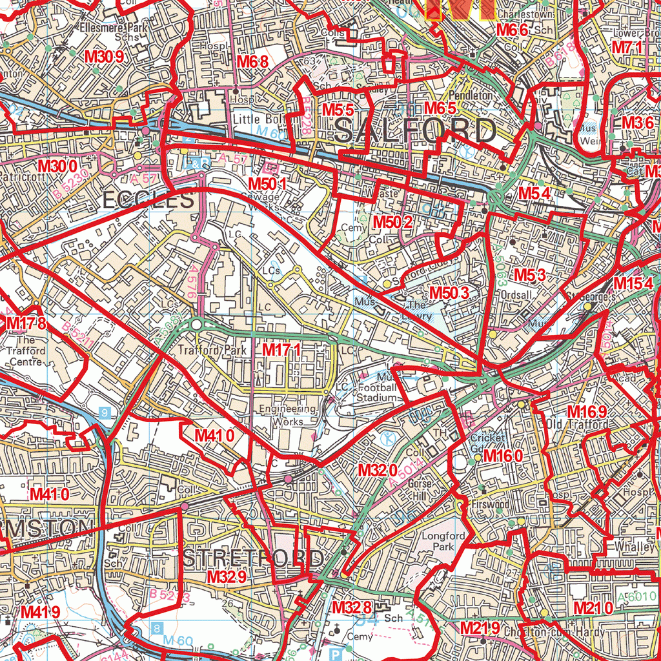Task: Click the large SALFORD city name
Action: click(416, 132)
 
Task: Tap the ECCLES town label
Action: click(148, 201)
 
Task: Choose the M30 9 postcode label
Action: click(104, 56)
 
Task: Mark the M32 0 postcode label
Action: click(378, 469)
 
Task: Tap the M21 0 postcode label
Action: click(593, 607)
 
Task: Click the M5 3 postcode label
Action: click(530, 275)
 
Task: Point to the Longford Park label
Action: click(443, 541)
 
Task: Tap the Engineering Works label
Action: click(288, 415)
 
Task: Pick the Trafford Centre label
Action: click(26, 351)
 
